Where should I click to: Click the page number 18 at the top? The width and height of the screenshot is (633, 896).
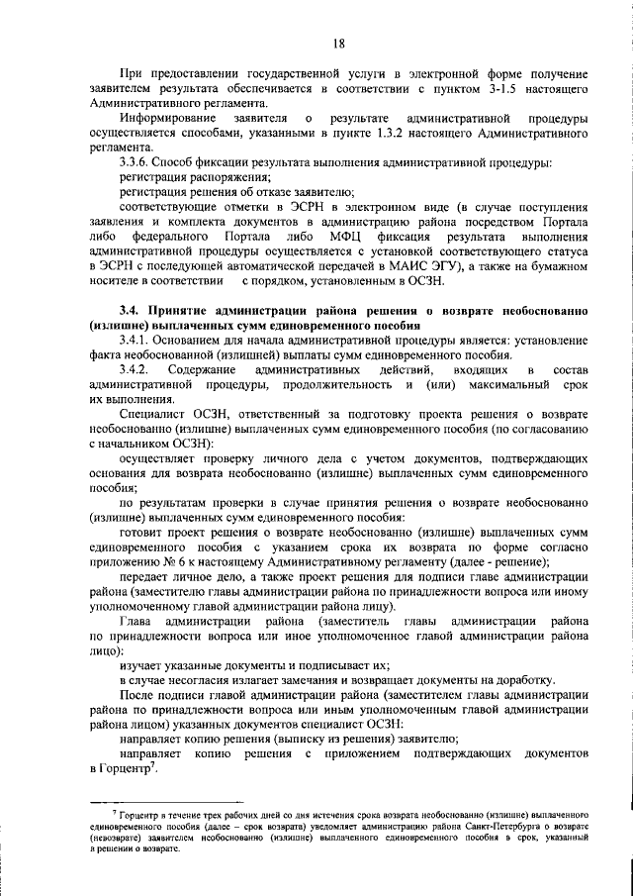click(339, 43)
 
